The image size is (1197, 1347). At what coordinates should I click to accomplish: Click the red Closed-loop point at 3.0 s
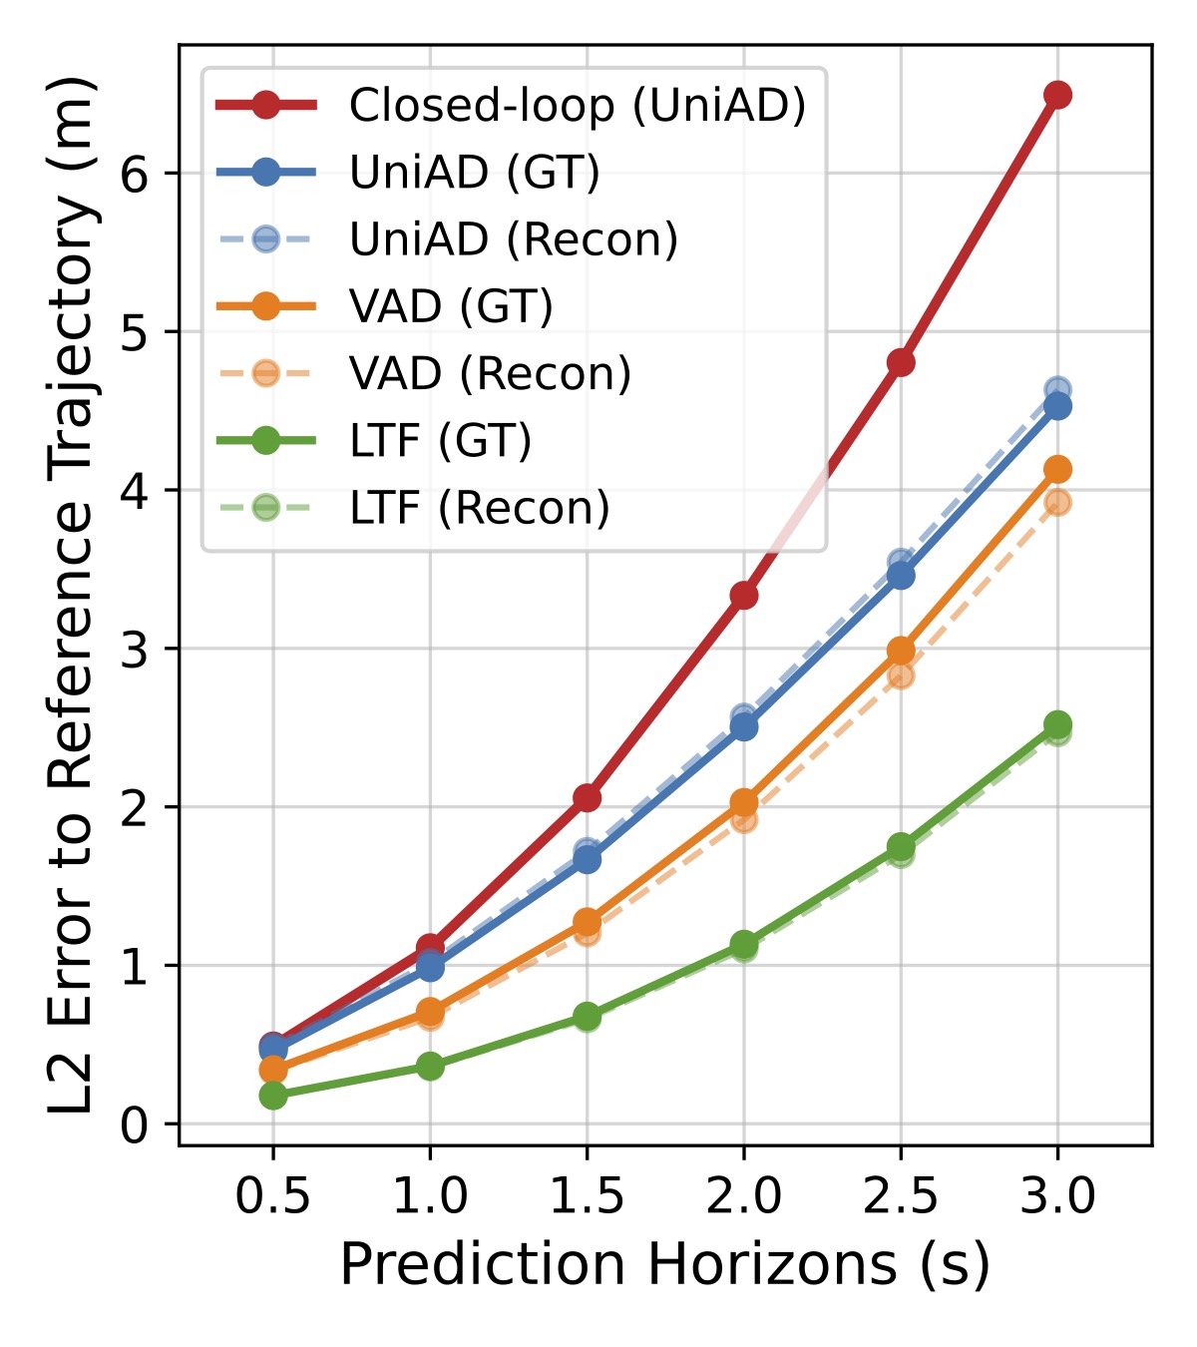[x=1057, y=95]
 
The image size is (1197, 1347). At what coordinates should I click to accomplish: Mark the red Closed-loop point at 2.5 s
[x=901, y=362]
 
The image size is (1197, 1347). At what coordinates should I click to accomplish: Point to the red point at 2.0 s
[x=744, y=596]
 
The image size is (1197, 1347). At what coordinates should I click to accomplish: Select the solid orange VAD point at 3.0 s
[x=1057, y=469]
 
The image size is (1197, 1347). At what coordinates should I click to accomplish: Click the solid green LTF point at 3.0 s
[x=1057, y=724]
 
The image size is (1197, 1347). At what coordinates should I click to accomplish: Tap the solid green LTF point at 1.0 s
[x=430, y=1066]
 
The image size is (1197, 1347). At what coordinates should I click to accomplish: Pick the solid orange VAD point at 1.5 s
[x=588, y=921]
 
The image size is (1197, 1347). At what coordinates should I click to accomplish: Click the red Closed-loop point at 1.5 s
[x=588, y=797]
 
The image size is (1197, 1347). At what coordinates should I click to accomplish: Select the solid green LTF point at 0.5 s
[x=273, y=1096]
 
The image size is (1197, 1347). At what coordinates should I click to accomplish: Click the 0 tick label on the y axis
[x=135, y=1125]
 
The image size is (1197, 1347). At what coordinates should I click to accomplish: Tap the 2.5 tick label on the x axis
[x=901, y=1195]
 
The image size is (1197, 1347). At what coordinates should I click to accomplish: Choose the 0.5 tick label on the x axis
[x=273, y=1195]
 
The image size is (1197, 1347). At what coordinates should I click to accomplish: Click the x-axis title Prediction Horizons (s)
[x=664, y=1265]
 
